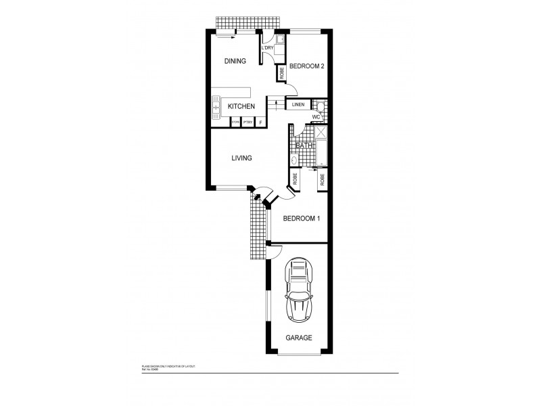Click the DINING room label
[235, 61]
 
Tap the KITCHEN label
[241, 107]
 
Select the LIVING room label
[241, 158]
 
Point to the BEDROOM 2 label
[308, 66]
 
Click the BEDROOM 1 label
[301, 219]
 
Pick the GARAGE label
[298, 337]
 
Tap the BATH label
[304, 145]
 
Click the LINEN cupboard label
[298, 105]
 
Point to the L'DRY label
[266, 47]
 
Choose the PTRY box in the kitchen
[248, 122]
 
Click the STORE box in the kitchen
[236, 122]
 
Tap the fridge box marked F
[260, 122]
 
